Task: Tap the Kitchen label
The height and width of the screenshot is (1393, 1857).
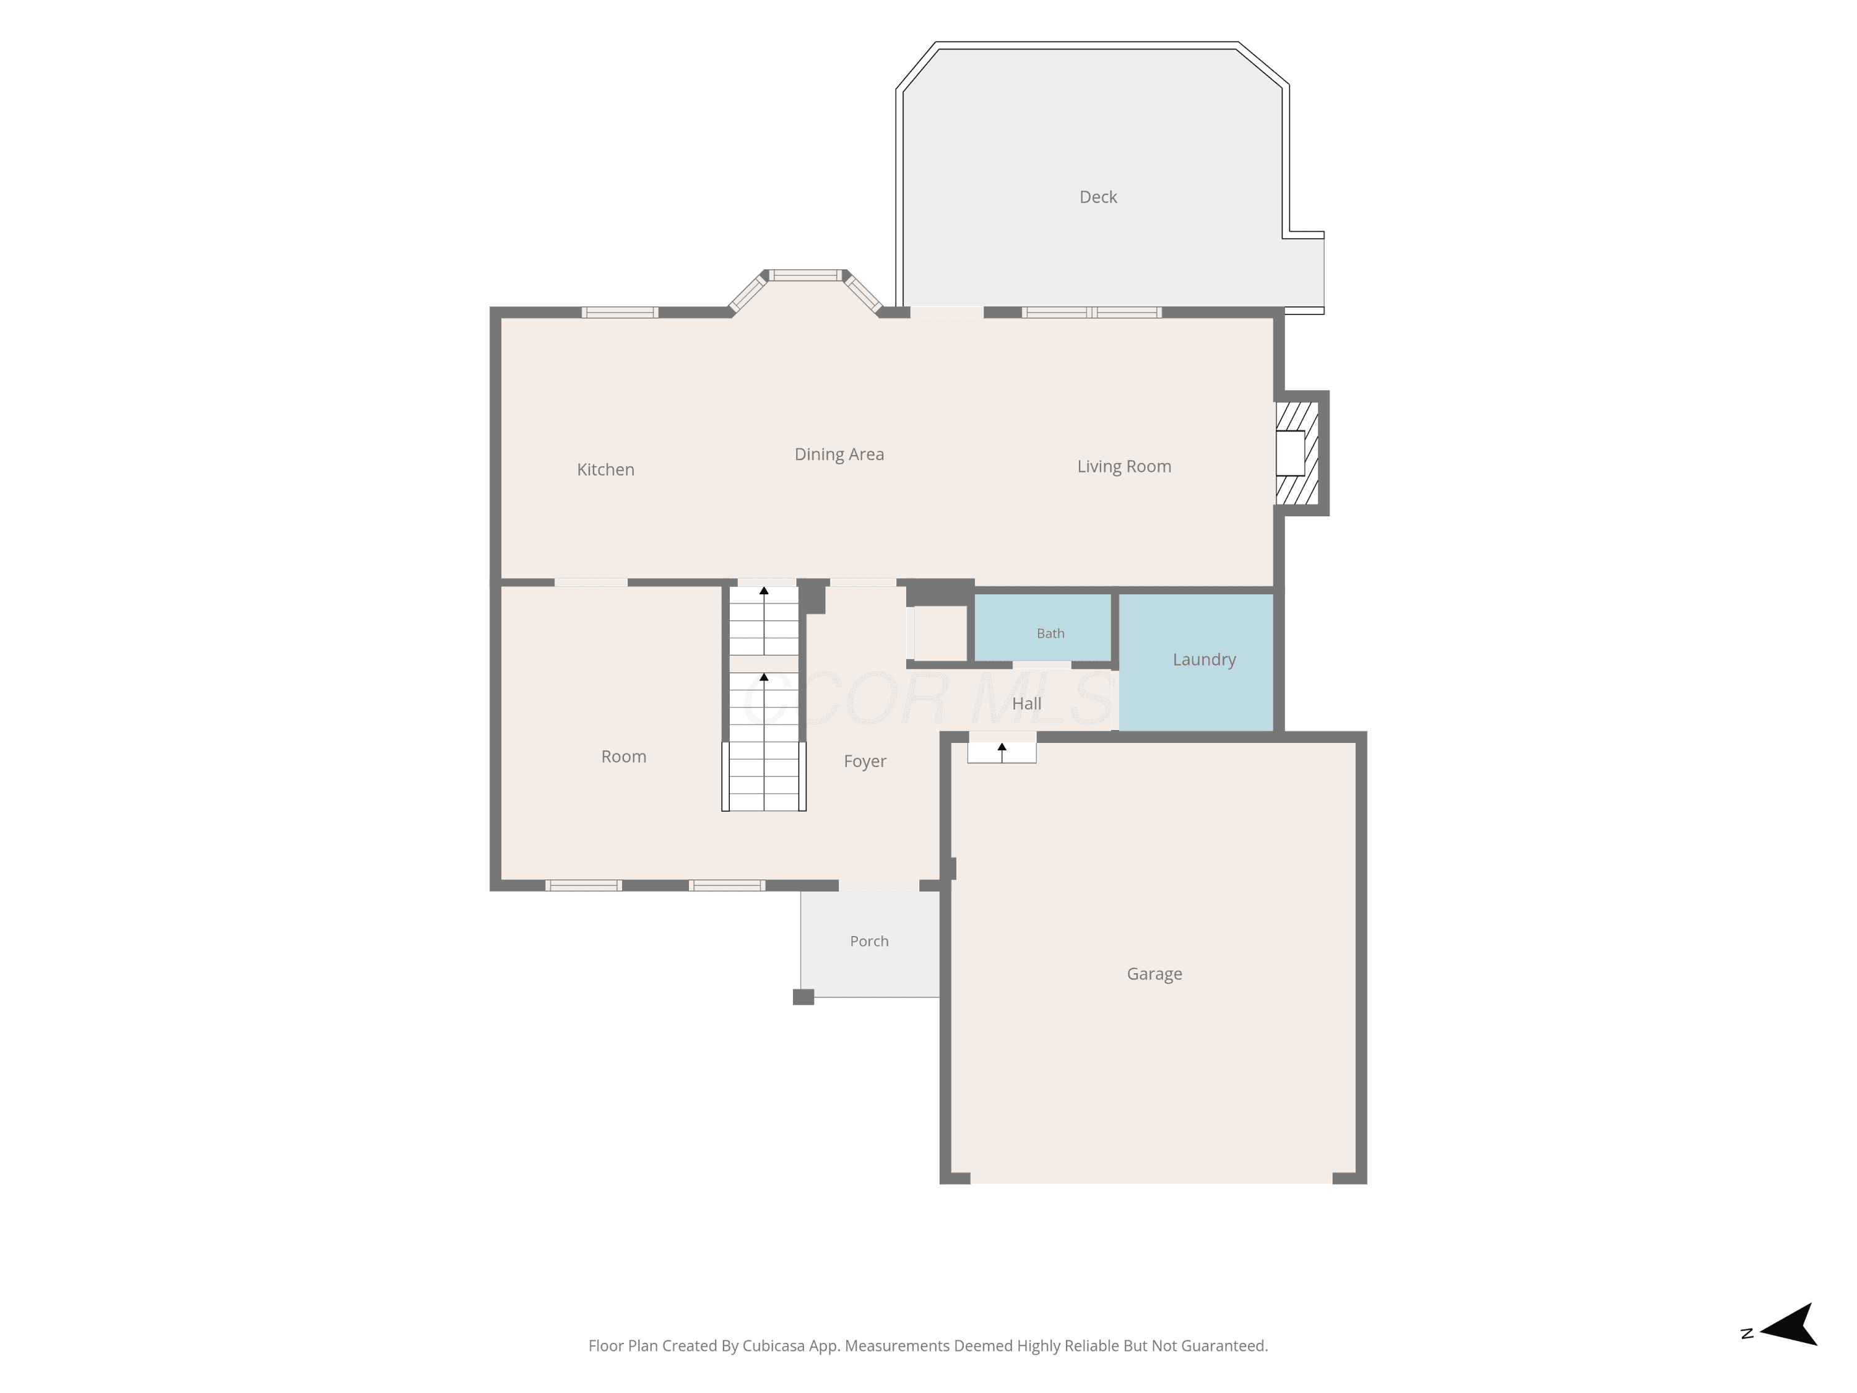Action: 605,469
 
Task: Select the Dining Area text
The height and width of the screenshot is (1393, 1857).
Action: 839,455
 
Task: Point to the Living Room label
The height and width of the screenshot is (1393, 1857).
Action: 1124,467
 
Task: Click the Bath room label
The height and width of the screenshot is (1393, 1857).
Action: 1050,633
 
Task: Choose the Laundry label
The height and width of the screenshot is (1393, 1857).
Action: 1204,660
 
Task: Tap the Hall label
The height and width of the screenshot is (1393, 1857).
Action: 1026,704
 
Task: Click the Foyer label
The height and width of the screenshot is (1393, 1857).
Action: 865,762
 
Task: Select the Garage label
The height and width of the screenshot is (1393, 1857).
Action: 1154,974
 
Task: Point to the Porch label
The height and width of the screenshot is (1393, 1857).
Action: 869,941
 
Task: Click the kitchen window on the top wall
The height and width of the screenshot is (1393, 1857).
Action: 620,313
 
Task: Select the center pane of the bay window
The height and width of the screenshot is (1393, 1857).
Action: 806,274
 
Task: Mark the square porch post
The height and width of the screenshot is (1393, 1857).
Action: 803,997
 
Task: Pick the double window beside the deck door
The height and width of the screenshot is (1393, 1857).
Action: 1091,313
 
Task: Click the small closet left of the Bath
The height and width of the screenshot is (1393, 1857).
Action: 940,633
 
